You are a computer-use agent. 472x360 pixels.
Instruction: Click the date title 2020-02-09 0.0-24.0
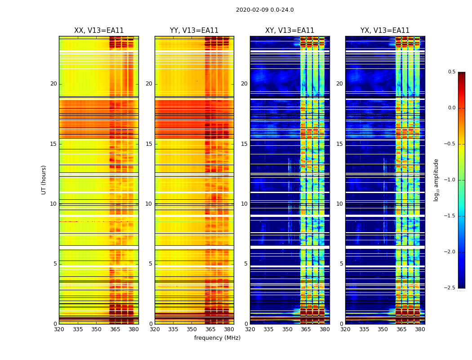pos(265,10)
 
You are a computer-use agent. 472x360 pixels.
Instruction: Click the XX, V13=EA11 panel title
pos(99,31)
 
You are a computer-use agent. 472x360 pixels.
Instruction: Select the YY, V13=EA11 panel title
pos(194,31)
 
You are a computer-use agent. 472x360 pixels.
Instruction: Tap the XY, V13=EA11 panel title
pos(289,31)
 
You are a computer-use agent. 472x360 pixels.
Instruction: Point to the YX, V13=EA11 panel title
pos(385,31)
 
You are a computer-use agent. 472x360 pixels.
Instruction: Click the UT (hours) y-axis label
pos(44,180)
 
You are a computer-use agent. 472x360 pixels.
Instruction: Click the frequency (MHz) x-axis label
pos(217,338)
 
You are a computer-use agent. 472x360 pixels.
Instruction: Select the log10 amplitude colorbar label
pos(436,180)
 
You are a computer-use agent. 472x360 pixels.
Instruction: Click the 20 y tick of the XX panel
pos(53,84)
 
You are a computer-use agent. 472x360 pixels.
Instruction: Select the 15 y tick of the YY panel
pos(149,144)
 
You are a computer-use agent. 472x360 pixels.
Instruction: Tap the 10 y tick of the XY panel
pos(244,204)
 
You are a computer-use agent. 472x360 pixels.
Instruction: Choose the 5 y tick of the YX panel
pos(341,264)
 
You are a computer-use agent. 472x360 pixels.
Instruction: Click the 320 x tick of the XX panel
pos(59,329)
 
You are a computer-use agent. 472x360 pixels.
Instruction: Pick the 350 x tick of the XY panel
pos(287,329)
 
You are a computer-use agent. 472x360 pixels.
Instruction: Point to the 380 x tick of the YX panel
pos(420,329)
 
